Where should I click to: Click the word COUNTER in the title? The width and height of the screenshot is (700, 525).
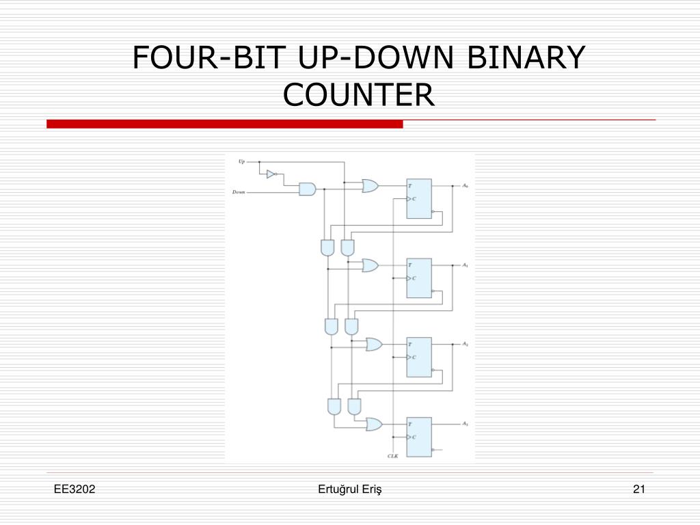tap(359, 94)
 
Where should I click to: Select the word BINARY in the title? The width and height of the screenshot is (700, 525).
tap(526, 57)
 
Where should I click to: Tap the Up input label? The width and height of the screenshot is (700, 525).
tap(241, 161)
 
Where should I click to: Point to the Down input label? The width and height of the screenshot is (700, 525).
tap(239, 192)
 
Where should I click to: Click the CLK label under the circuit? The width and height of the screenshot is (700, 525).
tap(392, 455)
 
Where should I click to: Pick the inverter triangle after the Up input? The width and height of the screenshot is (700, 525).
tap(271, 174)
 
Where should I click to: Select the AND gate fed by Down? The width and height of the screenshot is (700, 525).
tap(307, 189)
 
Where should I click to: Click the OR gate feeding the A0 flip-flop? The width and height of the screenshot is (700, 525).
tap(371, 185)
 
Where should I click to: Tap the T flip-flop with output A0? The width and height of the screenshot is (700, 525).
tap(419, 199)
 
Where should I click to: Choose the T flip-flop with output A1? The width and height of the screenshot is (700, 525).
tap(419, 278)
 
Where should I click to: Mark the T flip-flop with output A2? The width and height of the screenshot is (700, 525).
tap(419, 357)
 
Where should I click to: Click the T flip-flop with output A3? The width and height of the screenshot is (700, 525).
tap(419, 436)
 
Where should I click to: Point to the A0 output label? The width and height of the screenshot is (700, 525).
tap(465, 186)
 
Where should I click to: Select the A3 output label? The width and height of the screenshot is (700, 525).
tap(465, 424)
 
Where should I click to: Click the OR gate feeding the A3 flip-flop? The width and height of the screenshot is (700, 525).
tap(374, 425)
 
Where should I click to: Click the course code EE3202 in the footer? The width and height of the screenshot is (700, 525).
tap(76, 489)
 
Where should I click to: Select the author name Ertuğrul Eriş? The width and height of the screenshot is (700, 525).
tap(349, 489)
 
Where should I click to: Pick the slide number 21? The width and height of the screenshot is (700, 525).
tap(639, 489)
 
